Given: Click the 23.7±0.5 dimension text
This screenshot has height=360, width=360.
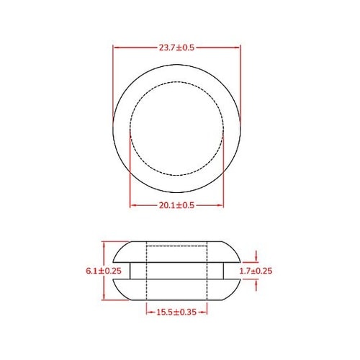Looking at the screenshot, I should pos(176,48).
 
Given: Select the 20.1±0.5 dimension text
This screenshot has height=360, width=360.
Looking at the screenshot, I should pos(176,205).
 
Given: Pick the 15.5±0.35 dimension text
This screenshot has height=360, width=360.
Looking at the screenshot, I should pos(176,311).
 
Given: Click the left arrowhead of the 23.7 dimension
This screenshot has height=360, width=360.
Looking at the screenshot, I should pos(116,48).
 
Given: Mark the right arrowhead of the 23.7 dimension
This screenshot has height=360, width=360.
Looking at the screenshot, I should pos(238,48).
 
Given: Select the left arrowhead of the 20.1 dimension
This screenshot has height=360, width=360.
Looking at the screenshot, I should pos(132,205).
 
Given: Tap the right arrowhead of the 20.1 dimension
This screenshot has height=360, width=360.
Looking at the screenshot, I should pos(221,205).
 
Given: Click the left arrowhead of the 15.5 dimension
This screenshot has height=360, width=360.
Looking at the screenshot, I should pos(148,311).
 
